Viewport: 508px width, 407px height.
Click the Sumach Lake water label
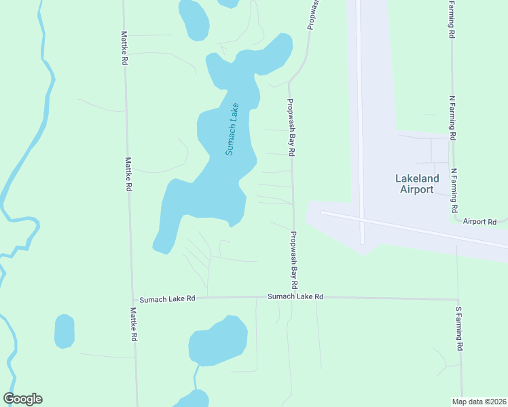232,129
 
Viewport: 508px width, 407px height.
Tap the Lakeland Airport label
417,184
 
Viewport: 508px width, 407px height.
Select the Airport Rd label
480,222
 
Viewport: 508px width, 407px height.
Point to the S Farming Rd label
459,328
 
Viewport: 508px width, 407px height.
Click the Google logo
23,399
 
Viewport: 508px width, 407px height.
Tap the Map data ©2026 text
478,402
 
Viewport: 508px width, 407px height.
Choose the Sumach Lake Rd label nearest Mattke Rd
167,298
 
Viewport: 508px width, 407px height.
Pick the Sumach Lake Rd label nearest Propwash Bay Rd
295,296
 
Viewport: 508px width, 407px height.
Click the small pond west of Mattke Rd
64,331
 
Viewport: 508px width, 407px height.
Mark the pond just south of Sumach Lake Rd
217,341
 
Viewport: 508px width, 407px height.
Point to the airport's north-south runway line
359,122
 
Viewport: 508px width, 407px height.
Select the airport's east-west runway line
414,229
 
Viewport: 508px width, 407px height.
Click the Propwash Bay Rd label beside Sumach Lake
290,128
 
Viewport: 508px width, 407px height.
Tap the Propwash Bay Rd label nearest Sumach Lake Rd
295,259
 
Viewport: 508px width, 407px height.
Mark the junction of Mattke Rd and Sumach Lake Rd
132,298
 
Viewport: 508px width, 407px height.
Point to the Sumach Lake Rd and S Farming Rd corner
458,298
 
